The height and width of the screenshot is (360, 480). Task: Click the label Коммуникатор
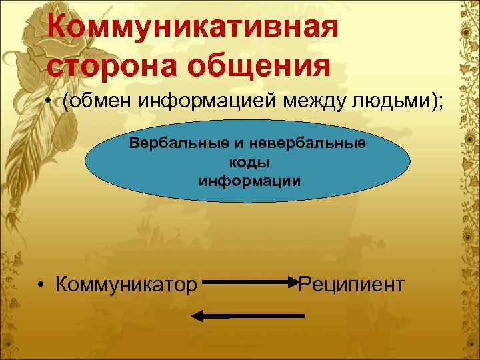coord(127,285)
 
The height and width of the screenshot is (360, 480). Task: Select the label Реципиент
coord(351,285)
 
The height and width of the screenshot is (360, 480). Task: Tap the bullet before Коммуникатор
coord(41,285)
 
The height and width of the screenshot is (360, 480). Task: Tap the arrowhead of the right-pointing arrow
coord(297,282)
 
